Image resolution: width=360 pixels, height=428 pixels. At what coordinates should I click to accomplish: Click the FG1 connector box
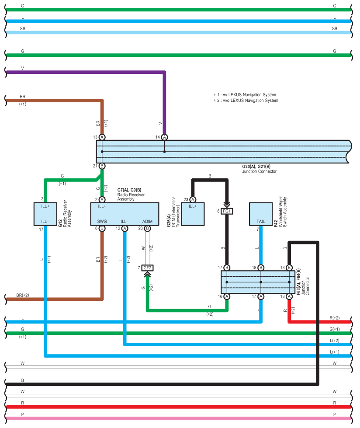[227, 211]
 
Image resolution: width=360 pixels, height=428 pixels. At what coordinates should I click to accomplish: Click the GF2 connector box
[147, 268]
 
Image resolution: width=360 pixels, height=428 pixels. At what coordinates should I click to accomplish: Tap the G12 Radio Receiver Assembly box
[45, 214]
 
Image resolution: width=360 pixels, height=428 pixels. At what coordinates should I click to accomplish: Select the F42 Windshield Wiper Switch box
[261, 214]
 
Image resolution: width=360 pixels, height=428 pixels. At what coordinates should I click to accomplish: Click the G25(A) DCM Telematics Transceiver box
[193, 214]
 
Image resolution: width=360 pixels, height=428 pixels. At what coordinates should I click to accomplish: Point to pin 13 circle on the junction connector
[102, 137]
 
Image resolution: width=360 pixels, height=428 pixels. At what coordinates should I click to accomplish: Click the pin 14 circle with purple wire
[164, 137]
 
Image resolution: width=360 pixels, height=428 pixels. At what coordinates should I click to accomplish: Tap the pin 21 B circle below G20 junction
[102, 166]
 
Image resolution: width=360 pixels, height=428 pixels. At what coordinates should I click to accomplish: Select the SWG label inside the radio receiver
[102, 221]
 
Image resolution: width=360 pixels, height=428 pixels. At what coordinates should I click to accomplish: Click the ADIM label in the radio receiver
[147, 221]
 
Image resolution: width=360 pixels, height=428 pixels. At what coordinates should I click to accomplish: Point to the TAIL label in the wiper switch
[261, 221]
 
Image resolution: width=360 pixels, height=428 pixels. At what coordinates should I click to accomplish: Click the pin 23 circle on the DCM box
[193, 199]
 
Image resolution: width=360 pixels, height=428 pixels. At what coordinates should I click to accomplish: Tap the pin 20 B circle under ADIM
[147, 228]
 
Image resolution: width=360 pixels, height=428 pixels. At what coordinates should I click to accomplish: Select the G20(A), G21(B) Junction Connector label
[260, 169]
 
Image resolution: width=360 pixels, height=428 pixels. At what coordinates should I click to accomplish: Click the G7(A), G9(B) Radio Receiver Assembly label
[131, 195]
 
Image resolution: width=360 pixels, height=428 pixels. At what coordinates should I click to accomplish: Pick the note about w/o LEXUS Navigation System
[246, 101]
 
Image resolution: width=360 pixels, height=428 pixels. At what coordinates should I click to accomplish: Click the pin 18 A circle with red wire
[289, 296]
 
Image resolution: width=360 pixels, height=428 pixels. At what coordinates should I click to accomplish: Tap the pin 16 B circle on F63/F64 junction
[289, 268]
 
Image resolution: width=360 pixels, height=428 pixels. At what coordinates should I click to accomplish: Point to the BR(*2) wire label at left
[23, 295]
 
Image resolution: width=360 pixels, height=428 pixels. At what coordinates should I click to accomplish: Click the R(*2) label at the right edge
[335, 318]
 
